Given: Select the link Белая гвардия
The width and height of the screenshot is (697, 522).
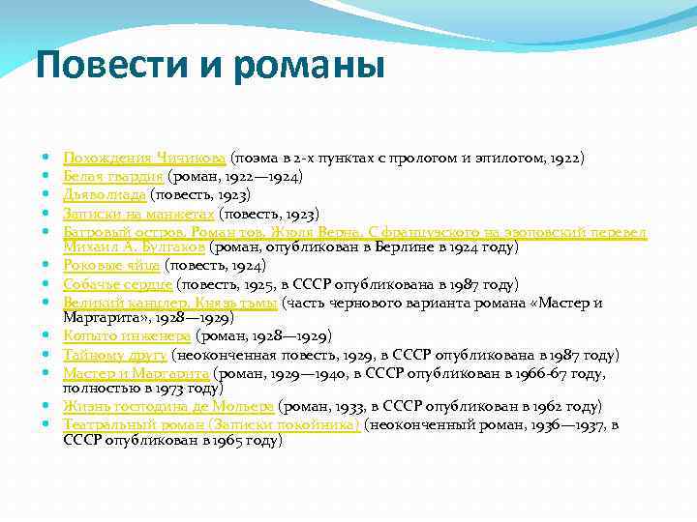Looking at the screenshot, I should click(113, 177).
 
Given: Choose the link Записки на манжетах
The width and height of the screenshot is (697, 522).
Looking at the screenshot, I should click(138, 214).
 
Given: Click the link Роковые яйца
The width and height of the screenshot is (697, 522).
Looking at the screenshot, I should click(111, 265).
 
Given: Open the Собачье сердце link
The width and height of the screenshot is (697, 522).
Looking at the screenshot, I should click(117, 284).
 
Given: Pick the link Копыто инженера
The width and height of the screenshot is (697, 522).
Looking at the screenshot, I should click(127, 335).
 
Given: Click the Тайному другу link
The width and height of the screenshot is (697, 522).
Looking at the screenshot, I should click(114, 355).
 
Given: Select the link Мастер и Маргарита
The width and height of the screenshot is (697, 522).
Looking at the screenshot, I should click(136, 373).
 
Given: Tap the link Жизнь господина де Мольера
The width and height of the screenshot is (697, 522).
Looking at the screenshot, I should click(168, 406).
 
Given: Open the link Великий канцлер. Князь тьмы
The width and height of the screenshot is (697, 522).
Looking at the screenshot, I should click(169, 304).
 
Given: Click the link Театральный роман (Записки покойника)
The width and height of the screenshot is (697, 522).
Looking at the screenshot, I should click(211, 424).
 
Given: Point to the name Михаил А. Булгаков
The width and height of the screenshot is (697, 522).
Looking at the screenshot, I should click(135, 246).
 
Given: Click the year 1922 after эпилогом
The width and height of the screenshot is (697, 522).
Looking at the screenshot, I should click(563, 157).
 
